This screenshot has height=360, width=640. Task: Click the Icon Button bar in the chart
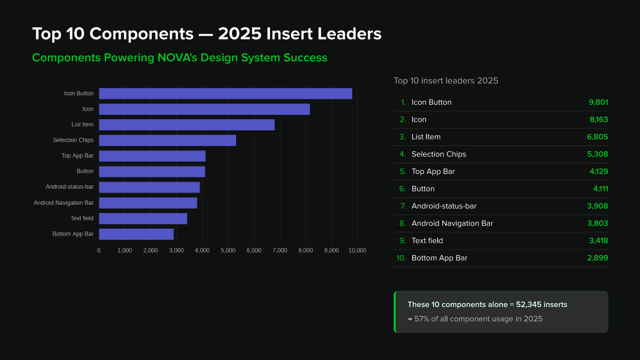point(226,94)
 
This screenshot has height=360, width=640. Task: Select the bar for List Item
point(187,124)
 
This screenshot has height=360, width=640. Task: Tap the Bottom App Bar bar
point(136,234)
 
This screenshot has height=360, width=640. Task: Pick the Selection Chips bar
point(168,140)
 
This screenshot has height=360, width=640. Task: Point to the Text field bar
point(143,218)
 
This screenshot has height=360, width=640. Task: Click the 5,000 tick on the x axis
point(228,250)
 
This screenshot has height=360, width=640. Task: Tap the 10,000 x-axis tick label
point(357,250)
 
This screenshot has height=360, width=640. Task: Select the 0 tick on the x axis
point(99,250)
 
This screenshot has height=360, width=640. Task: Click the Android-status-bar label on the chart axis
point(70,187)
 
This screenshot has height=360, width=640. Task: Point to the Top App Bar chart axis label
point(78,156)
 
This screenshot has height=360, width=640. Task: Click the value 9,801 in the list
point(598,102)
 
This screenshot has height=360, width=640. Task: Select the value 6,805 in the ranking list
point(598,137)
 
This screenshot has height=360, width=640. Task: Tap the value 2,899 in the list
point(598,258)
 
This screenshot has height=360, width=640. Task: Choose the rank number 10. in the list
point(401,258)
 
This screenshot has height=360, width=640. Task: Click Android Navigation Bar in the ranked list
point(452,224)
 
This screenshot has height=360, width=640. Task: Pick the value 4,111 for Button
point(600,189)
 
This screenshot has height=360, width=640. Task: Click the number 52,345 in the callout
point(528,304)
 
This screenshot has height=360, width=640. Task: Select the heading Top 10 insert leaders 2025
point(446,80)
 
